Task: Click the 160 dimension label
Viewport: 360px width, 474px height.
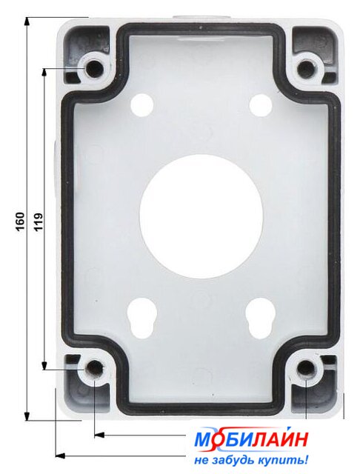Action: tap(20, 221)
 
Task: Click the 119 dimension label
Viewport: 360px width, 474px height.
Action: tap(39, 222)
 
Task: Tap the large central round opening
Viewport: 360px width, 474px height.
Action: tap(201, 216)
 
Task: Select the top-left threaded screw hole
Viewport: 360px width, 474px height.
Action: tap(93, 68)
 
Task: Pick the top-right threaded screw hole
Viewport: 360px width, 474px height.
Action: tap(306, 69)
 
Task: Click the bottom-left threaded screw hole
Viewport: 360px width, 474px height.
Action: tap(94, 369)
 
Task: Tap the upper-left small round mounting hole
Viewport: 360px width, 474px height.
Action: tap(141, 105)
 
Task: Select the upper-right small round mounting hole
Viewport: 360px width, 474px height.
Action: tap(260, 105)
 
